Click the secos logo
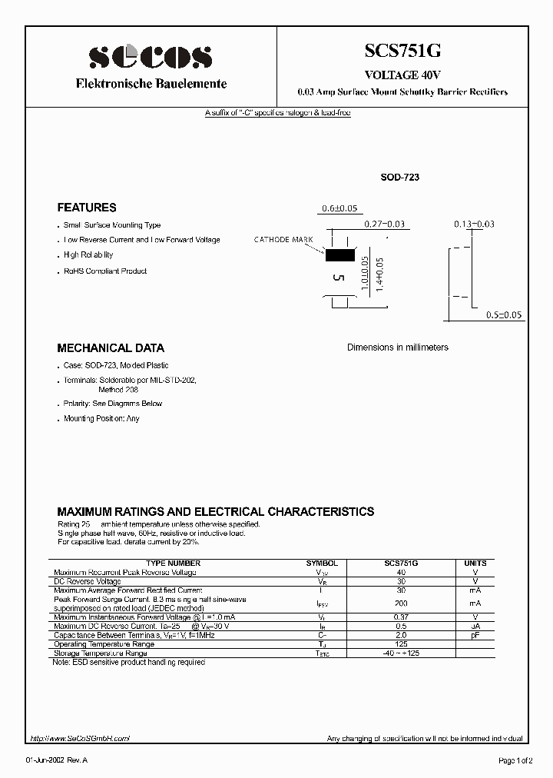point(150,56)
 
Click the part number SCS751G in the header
point(402,52)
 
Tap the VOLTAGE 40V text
point(402,75)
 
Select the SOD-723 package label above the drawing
point(400,178)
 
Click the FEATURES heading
point(87,208)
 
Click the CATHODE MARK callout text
point(283,240)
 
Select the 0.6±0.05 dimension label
point(339,209)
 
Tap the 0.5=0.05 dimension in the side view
point(504,315)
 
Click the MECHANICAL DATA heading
point(111,347)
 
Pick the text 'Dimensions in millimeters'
point(397,347)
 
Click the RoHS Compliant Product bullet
point(105,271)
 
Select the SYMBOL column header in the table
point(322,564)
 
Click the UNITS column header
point(475,564)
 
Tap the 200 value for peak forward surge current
point(401,603)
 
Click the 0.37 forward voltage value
point(401,617)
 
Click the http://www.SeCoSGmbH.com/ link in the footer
point(80,738)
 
